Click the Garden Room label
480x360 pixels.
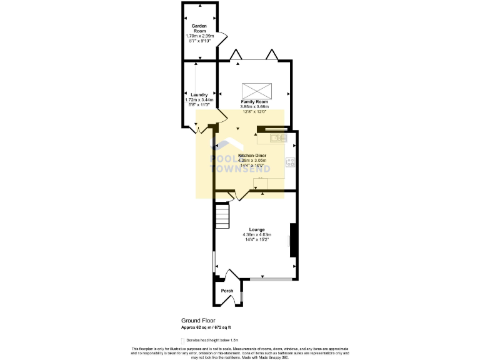coord(199,28)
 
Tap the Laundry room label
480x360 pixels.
coord(199,95)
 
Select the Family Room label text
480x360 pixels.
coord(254,101)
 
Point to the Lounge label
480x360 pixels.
coord(257,229)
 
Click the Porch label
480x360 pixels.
coord(227,291)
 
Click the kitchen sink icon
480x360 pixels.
coord(276,137)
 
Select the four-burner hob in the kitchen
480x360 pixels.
coord(291,162)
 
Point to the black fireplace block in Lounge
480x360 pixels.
coord(292,239)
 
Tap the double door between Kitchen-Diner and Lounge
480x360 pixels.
coord(239,196)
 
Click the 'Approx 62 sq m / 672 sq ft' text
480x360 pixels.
coord(206,327)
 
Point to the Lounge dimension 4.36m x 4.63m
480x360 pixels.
coord(257,234)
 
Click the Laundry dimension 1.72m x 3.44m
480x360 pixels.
coord(199,100)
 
